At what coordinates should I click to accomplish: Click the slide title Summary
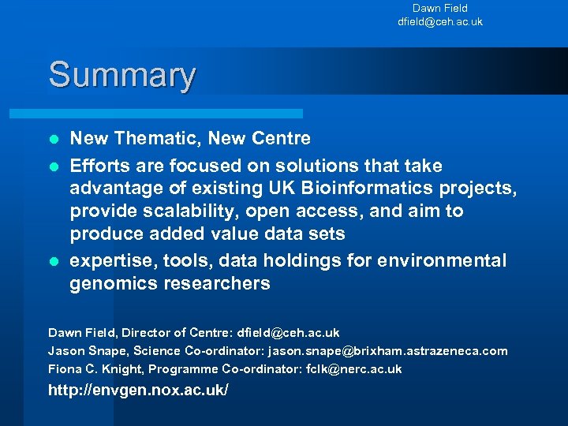tap(121, 76)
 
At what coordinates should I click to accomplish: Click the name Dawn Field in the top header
tap(439, 9)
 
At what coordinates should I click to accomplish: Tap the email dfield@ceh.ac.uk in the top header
tap(439, 22)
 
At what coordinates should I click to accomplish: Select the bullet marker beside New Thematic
tap(53, 140)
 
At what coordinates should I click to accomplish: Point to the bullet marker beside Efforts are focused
tap(53, 167)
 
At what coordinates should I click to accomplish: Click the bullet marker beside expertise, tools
tap(53, 262)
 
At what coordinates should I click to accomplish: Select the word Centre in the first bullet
tap(282, 139)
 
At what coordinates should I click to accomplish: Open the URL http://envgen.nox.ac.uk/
tap(138, 390)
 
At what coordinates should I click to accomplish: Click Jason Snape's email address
tap(388, 351)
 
